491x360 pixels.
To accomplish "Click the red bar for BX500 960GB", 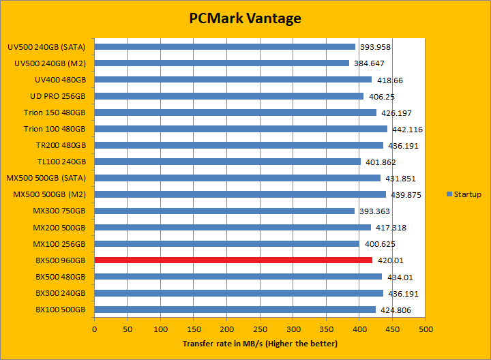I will click(x=233, y=260).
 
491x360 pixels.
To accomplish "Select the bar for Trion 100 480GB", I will click(x=241, y=129).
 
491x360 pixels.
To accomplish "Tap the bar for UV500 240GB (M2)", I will click(x=222, y=63).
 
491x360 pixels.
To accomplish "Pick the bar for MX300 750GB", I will click(x=224, y=211).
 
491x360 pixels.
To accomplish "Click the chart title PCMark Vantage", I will click(x=245, y=18).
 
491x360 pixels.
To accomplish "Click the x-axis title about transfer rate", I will click(x=260, y=344).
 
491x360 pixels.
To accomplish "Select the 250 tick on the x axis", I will click(x=260, y=329).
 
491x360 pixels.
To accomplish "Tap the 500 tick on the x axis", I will click(x=426, y=329).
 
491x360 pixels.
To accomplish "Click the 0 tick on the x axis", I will click(x=95, y=329).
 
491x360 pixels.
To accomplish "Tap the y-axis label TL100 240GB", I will click(x=61, y=162).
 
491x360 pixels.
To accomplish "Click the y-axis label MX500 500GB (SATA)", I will click(x=50, y=178).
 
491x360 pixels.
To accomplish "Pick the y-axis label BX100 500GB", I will click(x=61, y=309).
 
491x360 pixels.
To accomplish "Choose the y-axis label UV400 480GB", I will click(x=60, y=80).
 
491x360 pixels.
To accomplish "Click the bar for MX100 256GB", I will click(x=226, y=243).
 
